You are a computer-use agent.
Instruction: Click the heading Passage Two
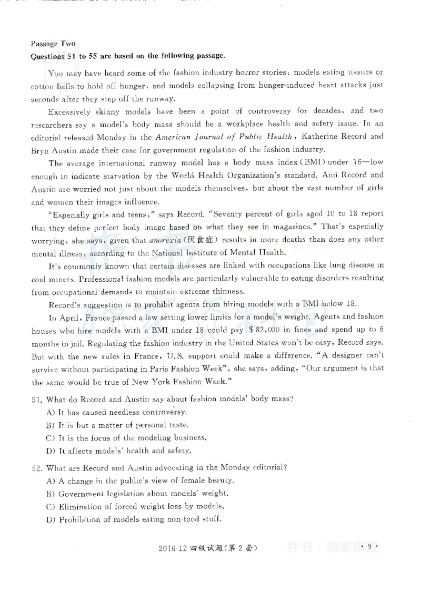point(53,44)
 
